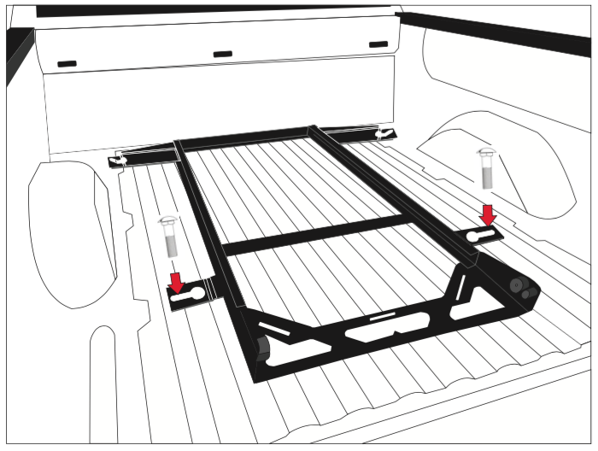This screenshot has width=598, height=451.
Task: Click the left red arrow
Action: coord(176,281)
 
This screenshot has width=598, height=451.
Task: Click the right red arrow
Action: coord(488,214)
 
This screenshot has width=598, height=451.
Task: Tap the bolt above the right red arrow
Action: coord(485,167)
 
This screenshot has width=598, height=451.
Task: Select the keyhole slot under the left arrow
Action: coord(188,299)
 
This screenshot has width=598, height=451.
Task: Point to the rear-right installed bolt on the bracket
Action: coord(386,133)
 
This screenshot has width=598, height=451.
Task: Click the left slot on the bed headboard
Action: coord(67,63)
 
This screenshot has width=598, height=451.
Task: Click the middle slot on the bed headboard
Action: coord(222,54)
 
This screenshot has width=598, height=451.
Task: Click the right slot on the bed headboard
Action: coord(378,44)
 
